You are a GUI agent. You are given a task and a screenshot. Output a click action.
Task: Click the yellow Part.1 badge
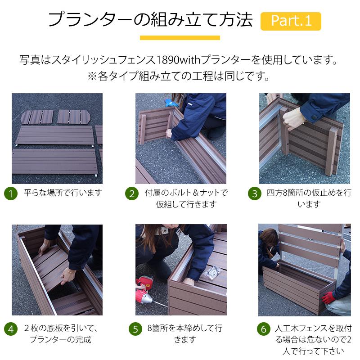pyautogui.click(x=291, y=21)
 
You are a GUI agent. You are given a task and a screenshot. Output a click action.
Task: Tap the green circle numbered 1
pyautogui.click(x=11, y=193)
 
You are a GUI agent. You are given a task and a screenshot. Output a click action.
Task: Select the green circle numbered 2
pyautogui.click(x=132, y=193)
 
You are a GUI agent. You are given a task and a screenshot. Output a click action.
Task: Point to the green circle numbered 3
pyautogui.click(x=255, y=193)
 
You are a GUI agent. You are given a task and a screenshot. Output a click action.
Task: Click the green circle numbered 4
pyautogui.click(x=11, y=329)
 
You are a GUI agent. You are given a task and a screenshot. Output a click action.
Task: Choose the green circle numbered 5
pyautogui.click(x=135, y=329)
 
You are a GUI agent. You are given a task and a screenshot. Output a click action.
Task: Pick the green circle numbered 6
pyautogui.click(x=264, y=329)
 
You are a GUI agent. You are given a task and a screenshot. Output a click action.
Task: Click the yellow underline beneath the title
pyautogui.click(x=180, y=38)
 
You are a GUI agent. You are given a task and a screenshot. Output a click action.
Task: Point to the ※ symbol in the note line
pyautogui.click(x=92, y=76)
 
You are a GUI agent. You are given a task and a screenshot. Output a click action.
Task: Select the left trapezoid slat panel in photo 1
pyautogui.click(x=37, y=117)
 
